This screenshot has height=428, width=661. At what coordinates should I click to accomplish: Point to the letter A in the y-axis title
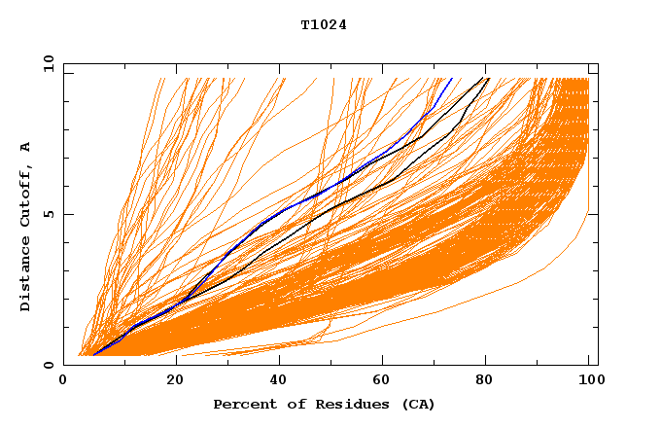(26, 147)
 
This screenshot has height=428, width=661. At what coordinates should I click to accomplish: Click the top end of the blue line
(451, 79)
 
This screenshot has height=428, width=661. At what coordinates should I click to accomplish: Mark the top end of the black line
(488, 79)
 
